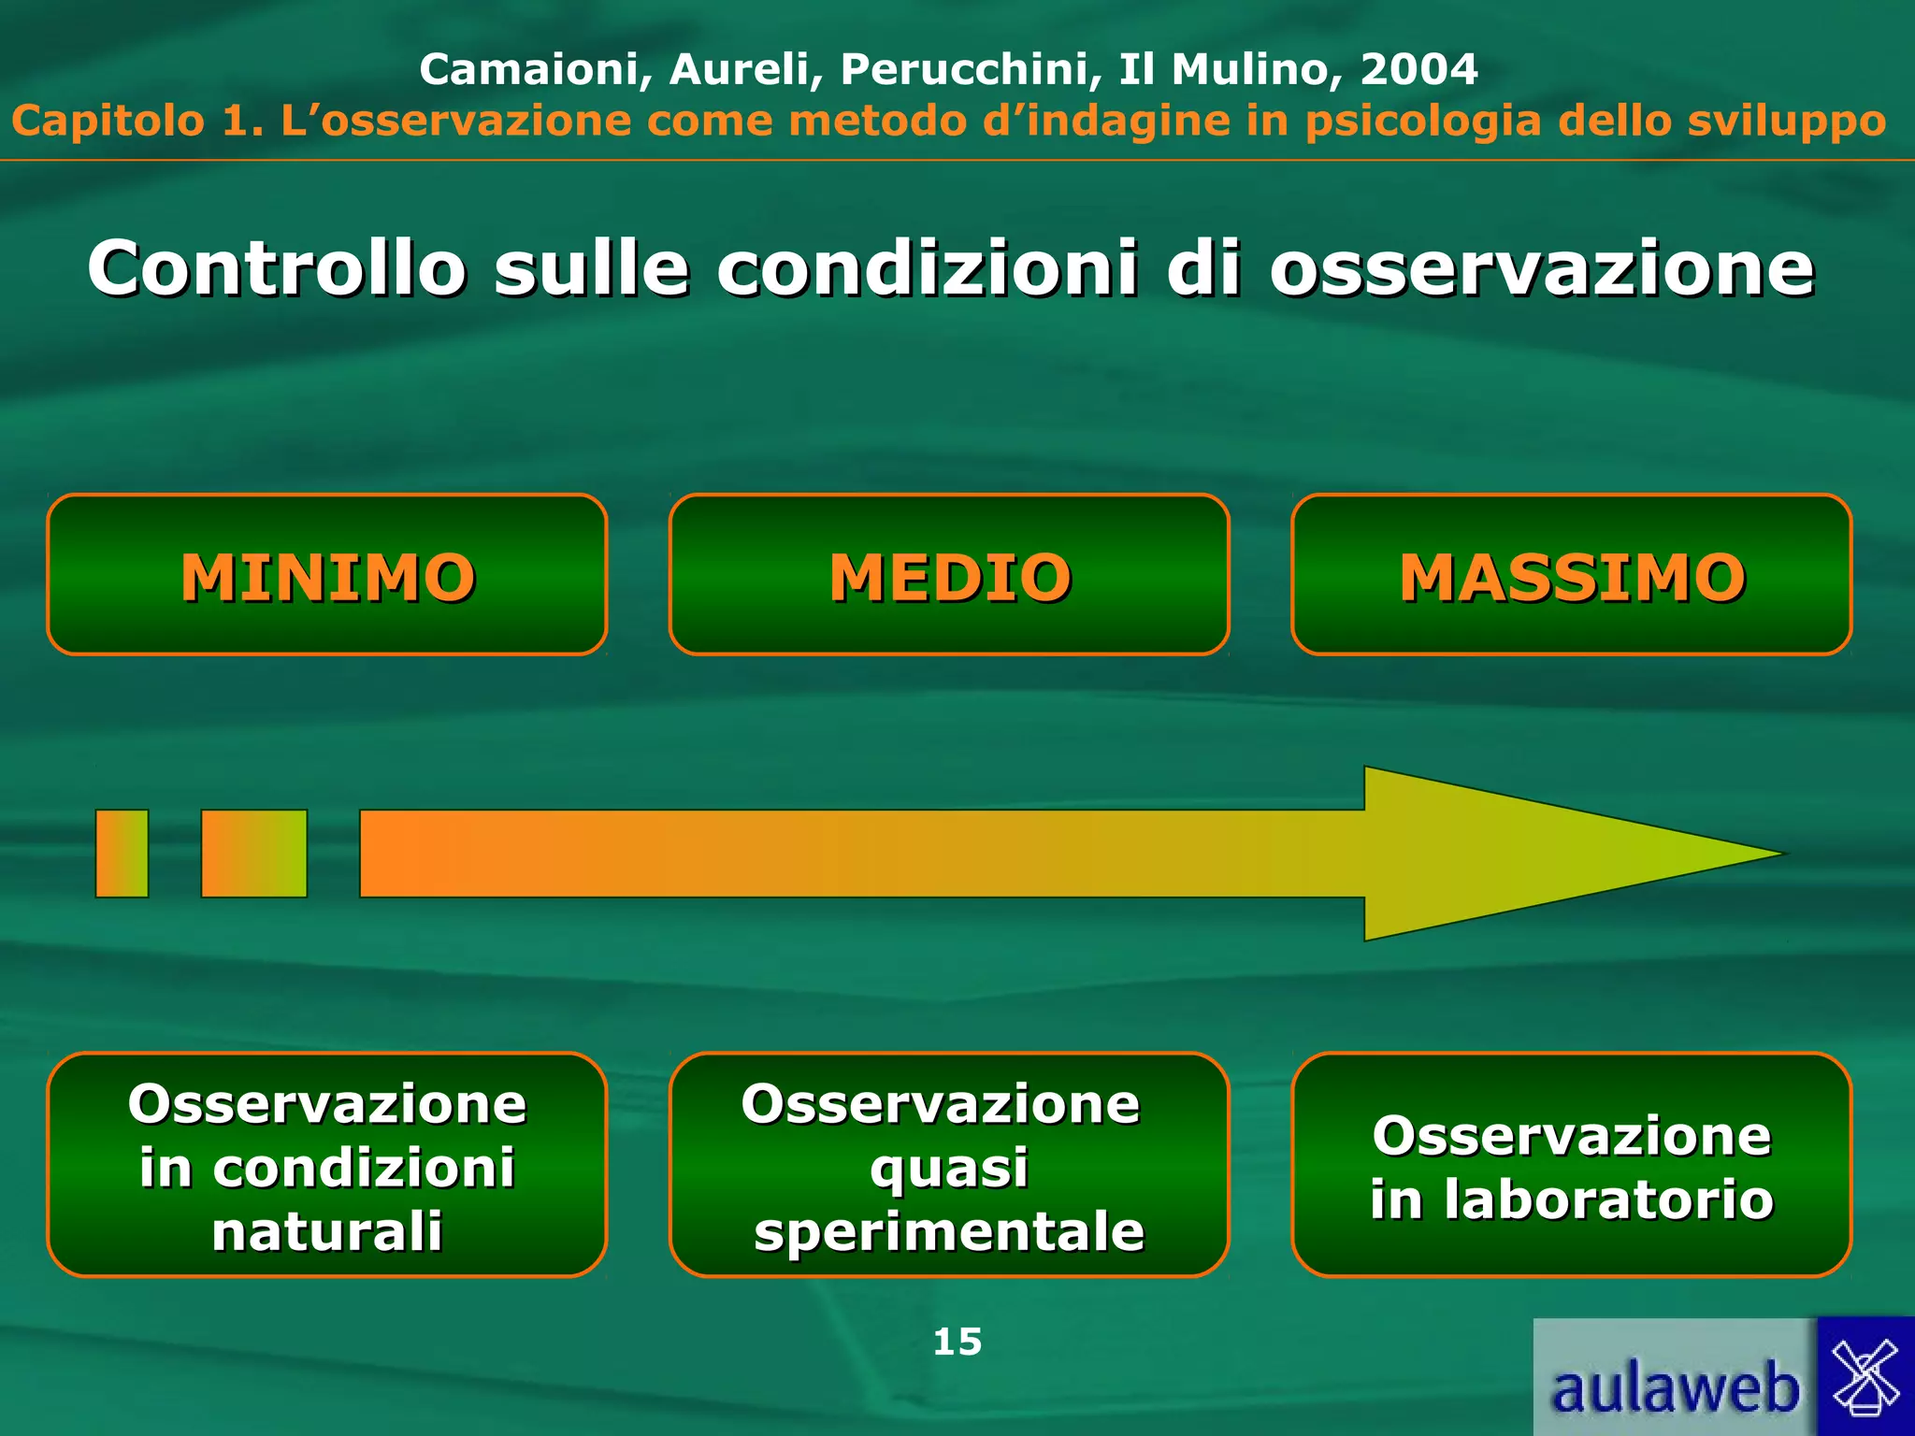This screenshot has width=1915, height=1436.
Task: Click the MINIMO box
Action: (327, 575)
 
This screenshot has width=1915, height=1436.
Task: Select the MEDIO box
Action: (949, 575)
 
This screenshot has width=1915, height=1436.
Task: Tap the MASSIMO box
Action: (1571, 575)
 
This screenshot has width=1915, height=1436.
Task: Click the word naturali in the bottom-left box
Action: (327, 1231)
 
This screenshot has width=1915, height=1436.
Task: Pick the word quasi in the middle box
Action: (949, 1168)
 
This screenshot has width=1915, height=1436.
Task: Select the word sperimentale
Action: (949, 1231)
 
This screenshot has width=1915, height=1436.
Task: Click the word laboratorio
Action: (1608, 1199)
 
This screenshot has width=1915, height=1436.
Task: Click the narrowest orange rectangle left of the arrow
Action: (122, 854)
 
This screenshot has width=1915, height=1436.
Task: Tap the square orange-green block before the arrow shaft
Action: (254, 854)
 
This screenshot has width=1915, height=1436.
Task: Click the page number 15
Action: (957, 1342)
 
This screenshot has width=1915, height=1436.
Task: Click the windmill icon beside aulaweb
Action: (1865, 1376)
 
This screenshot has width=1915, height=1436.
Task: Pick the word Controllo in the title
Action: (277, 269)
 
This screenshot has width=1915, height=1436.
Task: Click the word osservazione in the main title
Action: (1541, 269)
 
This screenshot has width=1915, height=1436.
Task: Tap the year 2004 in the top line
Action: (1418, 69)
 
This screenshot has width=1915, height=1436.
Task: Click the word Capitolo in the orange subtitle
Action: (108, 122)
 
